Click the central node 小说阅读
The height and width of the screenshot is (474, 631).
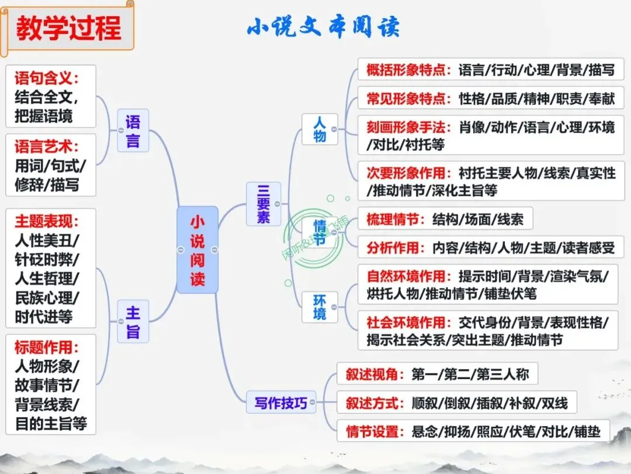click(197, 250)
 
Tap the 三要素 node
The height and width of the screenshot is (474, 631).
click(264, 204)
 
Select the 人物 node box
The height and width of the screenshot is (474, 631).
click(320, 129)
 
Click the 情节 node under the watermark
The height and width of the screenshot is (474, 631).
click(320, 232)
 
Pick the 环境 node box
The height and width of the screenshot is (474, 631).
click(320, 307)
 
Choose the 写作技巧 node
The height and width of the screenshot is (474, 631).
click(280, 403)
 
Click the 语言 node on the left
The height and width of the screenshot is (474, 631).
click(133, 130)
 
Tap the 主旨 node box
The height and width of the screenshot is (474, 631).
click(133, 321)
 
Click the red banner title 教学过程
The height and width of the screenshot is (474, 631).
click(68, 28)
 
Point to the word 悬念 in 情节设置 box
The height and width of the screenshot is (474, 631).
click(425, 432)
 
